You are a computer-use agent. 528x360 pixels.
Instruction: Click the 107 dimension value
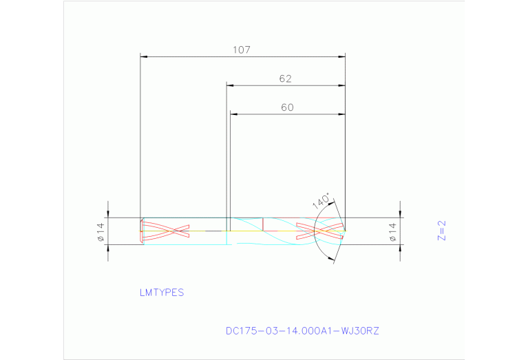[242, 50]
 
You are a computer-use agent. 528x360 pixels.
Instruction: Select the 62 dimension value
[286, 78]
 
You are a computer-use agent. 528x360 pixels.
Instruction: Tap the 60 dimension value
[287, 107]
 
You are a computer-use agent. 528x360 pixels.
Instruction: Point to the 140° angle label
[321, 201]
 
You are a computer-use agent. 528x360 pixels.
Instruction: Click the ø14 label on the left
[100, 231]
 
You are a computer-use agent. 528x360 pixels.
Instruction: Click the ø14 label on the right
[393, 231]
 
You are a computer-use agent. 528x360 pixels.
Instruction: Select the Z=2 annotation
[443, 231]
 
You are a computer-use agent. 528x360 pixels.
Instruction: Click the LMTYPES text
[162, 292]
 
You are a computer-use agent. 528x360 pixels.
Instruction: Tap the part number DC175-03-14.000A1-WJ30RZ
[302, 330]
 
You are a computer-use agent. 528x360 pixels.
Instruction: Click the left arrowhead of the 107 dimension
[144, 56]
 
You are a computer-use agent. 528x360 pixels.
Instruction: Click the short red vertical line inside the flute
[263, 224]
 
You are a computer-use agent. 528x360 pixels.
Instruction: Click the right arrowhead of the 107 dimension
[341, 56]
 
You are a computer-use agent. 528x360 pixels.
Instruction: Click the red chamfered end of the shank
[142, 231]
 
